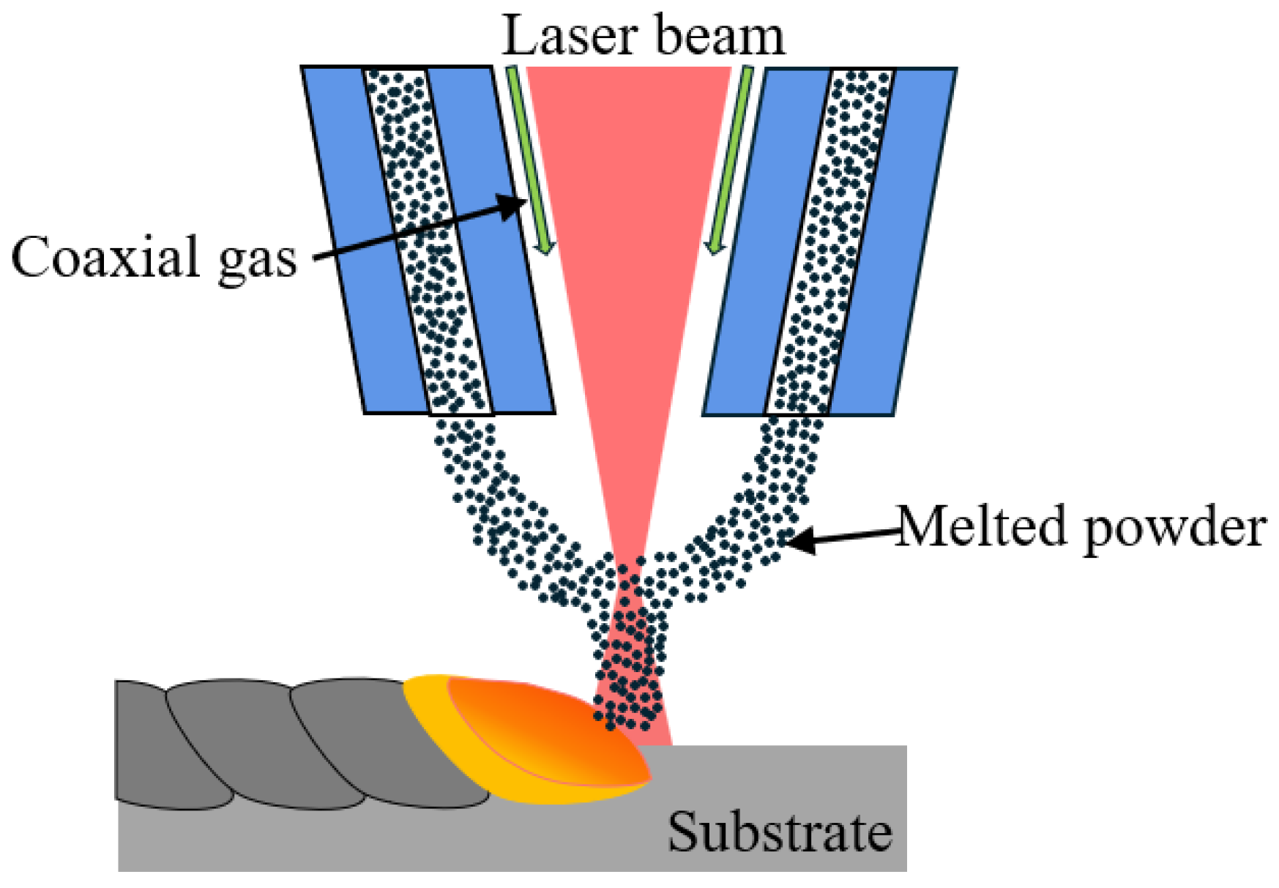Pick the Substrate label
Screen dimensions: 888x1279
pos(779,832)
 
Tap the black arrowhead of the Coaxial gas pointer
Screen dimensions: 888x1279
pos(512,204)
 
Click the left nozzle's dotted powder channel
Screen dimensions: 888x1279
pos(428,242)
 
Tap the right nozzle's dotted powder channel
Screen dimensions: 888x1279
pos(831,242)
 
